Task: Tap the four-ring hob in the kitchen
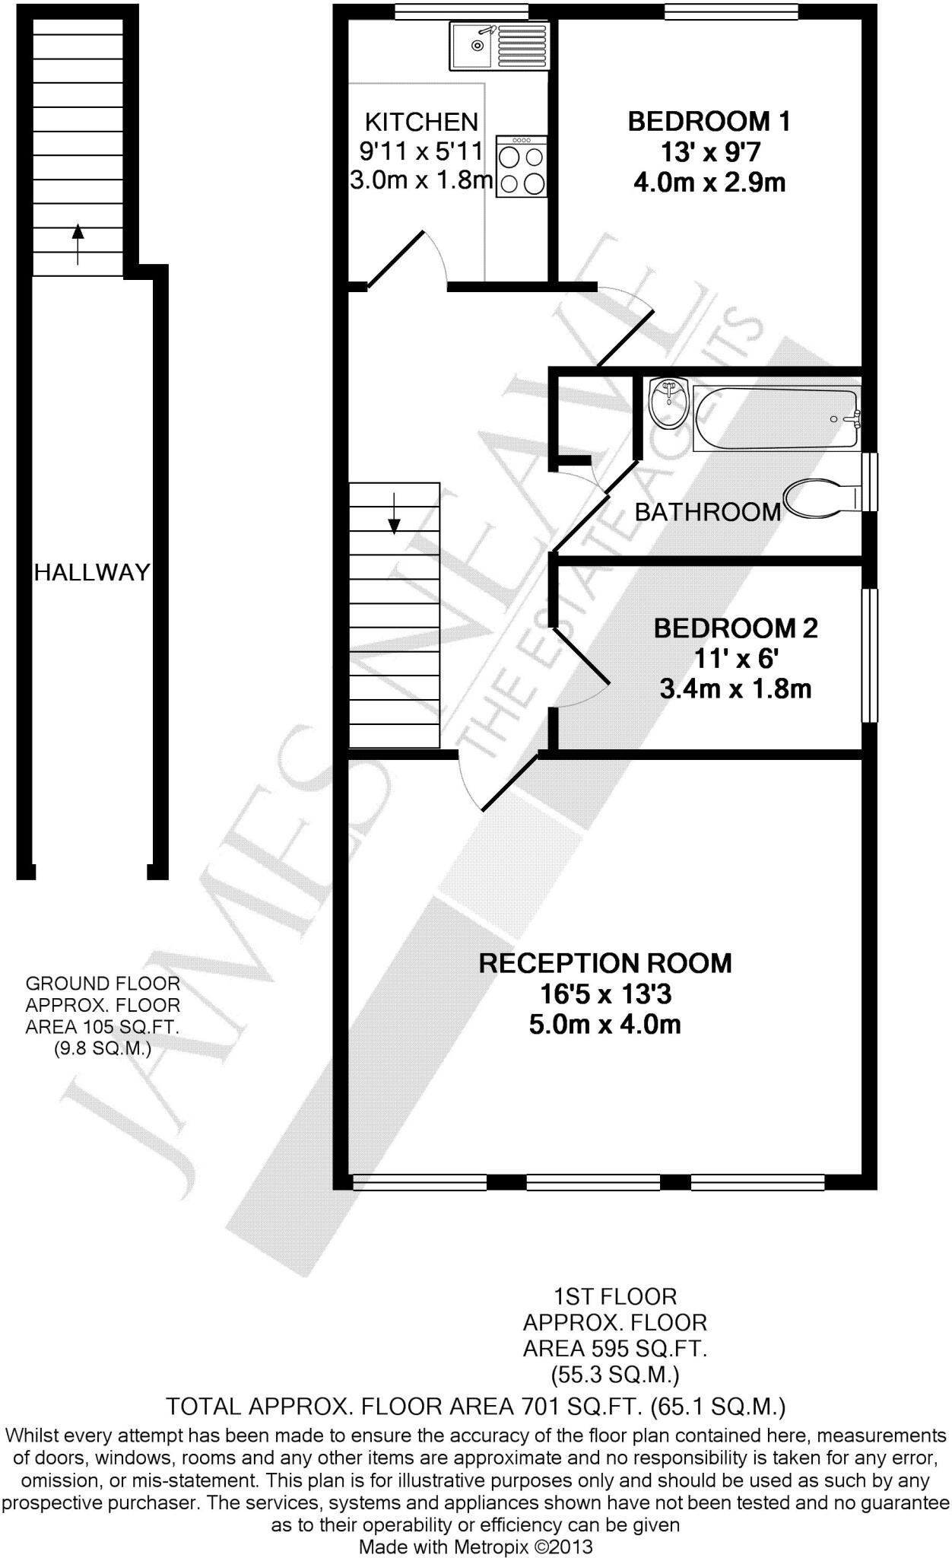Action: (522, 167)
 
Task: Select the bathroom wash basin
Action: (669, 403)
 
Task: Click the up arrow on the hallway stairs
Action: (78, 243)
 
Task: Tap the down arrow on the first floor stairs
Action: (394, 514)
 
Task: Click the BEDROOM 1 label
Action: (709, 122)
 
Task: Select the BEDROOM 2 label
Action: (735, 628)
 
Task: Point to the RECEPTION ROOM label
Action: (605, 963)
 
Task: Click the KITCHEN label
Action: (421, 122)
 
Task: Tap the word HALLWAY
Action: (92, 572)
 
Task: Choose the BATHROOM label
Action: (708, 512)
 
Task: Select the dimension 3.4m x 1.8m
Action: (735, 689)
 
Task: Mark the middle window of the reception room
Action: (593, 1182)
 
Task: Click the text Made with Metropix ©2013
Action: (475, 1547)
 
